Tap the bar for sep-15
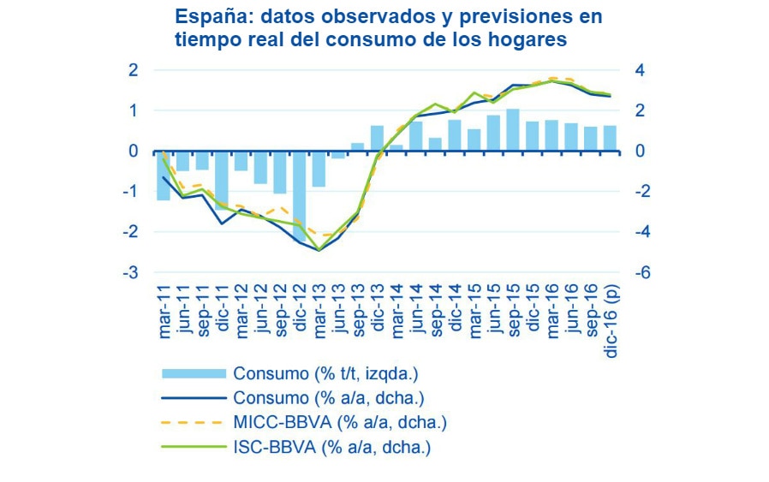tap(512, 130)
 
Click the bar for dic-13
tap(377, 138)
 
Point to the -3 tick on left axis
tap(132, 273)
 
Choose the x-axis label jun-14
tap(417, 315)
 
